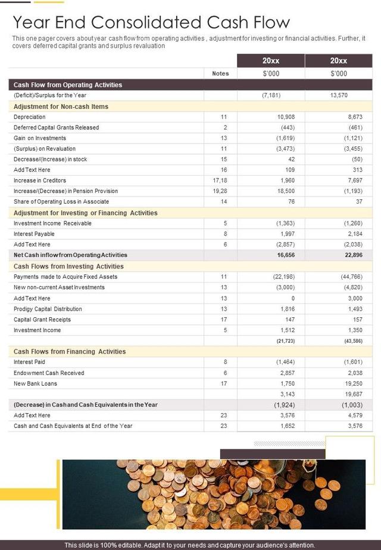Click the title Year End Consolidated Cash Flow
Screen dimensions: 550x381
point(151,23)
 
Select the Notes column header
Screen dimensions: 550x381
point(220,74)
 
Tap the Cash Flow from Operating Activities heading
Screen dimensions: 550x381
point(68,85)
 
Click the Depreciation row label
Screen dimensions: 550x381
point(29,117)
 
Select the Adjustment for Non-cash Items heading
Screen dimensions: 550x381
point(61,107)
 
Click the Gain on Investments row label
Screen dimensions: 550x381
point(40,138)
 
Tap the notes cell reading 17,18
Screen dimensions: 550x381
point(220,180)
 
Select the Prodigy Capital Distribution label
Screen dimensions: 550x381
point(48,309)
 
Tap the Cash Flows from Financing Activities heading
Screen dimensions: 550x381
point(70,351)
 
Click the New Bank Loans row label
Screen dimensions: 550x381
point(35,383)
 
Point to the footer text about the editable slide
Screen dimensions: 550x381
point(190,545)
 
